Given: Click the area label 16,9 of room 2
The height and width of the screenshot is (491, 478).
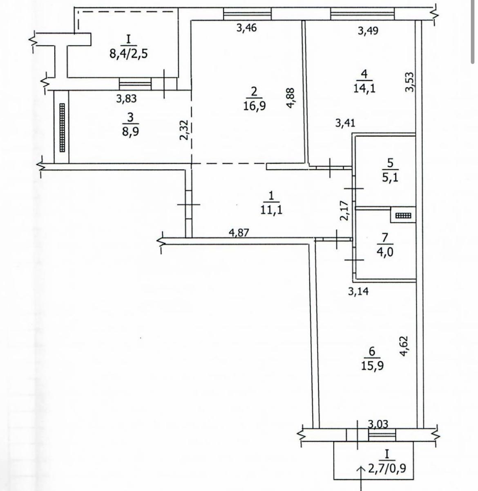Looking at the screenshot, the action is [255, 106].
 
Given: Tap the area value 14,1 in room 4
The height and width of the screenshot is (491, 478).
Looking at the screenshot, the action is [364, 88].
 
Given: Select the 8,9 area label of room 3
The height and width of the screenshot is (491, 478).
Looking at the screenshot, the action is [130, 132].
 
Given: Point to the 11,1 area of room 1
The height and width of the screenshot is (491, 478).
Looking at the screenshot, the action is [271, 209].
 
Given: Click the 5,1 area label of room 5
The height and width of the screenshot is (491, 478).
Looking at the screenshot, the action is [390, 178].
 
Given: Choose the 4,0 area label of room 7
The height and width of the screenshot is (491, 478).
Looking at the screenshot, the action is [385, 252].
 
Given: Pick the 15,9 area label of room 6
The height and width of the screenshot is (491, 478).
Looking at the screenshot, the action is [373, 365].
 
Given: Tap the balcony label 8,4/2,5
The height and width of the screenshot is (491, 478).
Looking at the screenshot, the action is [129, 54].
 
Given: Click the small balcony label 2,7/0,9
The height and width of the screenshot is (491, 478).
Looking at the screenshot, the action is [387, 469].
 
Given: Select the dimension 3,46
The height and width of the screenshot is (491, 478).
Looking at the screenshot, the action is [246, 28].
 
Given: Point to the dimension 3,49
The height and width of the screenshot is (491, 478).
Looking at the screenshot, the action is [368, 31].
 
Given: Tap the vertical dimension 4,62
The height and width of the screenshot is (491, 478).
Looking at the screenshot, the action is [404, 346].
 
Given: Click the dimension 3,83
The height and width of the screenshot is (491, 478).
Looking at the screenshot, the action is [127, 98].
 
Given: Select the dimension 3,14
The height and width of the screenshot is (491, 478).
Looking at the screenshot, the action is [358, 291].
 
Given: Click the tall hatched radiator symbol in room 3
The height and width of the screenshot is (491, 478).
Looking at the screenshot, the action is [62, 127].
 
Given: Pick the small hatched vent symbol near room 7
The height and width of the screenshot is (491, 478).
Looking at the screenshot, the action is [403, 216].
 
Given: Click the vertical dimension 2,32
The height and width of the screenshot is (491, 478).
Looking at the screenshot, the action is [184, 130].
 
